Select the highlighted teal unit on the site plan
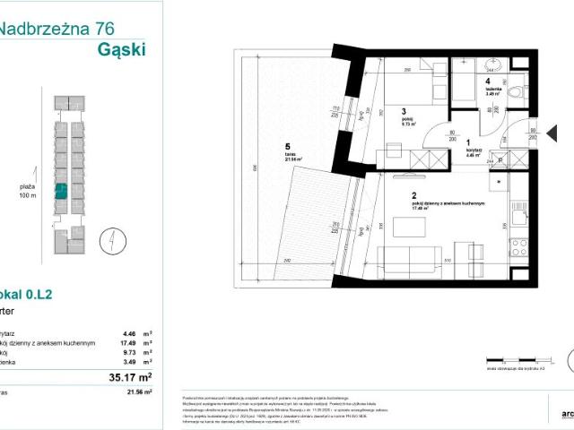[62, 190]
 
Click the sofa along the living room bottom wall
[404, 260]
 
